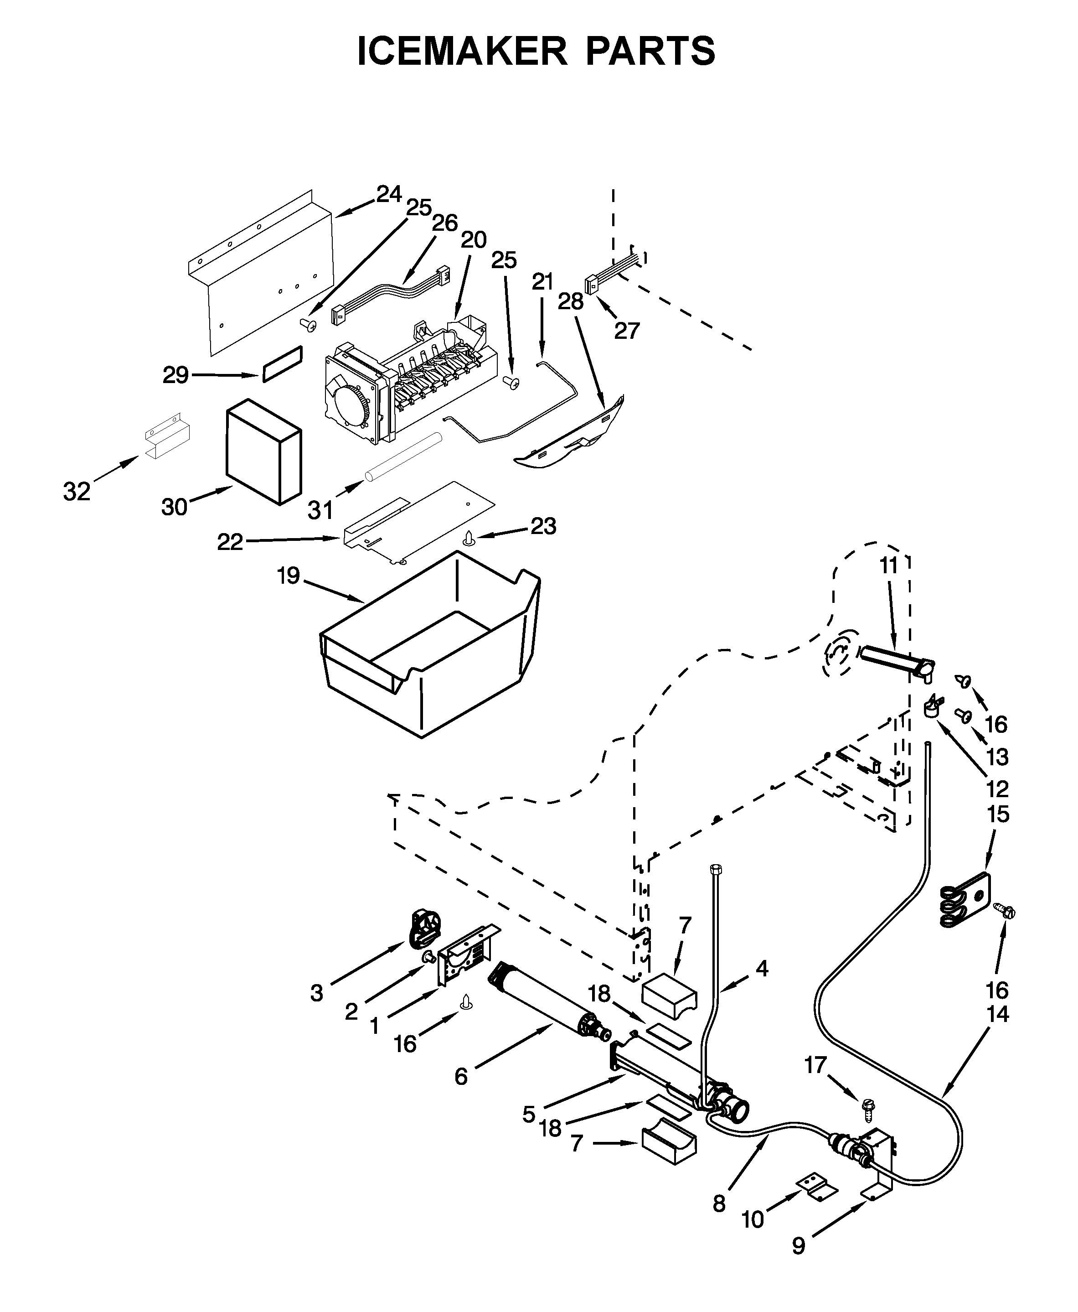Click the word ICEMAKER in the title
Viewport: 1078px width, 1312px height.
462,51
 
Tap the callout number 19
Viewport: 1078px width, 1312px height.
288,576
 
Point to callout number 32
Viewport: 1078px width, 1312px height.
77,492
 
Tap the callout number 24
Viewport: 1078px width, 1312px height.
389,194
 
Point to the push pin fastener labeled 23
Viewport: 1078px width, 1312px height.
470,538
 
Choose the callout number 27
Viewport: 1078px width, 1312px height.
627,331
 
